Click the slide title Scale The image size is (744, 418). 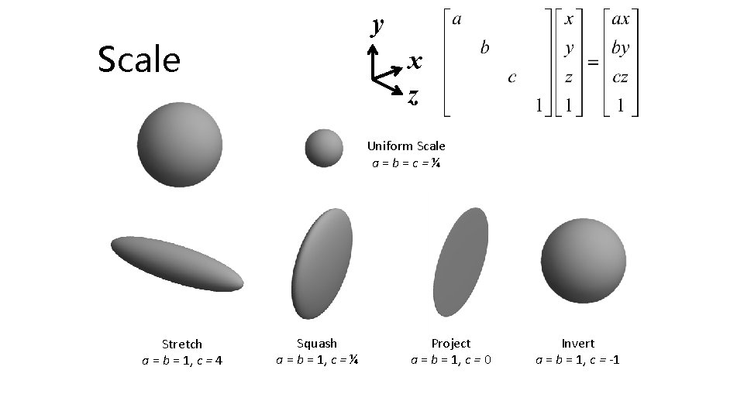pyautogui.click(x=139, y=60)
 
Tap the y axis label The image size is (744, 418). pyautogui.click(x=377, y=26)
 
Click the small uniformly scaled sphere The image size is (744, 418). pyautogui.click(x=324, y=147)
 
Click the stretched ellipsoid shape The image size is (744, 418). pyautogui.click(x=177, y=263)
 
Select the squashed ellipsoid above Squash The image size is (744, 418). pyautogui.click(x=322, y=263)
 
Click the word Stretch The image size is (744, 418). pyautogui.click(x=182, y=344)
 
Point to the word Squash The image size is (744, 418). pyautogui.click(x=317, y=343)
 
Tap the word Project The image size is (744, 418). pyautogui.click(x=451, y=343)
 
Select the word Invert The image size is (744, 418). pyautogui.click(x=578, y=343)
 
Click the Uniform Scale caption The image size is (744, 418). pyautogui.click(x=406, y=146)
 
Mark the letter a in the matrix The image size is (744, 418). pyautogui.click(x=456, y=19)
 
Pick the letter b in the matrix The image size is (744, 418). pyautogui.click(x=484, y=48)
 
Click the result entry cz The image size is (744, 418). pyautogui.click(x=619, y=77)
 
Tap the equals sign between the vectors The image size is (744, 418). pyautogui.click(x=594, y=62)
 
